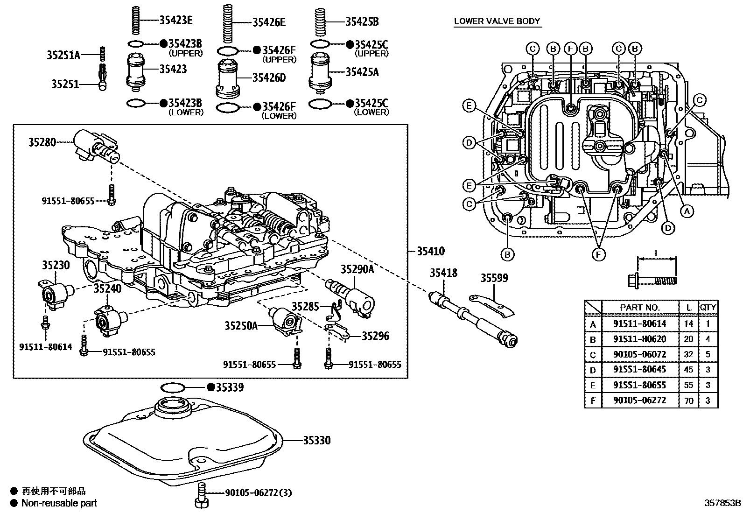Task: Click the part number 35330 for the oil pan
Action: tap(317, 440)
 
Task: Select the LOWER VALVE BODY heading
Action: tap(497, 21)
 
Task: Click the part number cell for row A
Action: tap(639, 323)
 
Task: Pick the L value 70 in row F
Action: tap(688, 401)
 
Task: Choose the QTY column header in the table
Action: tap(708, 307)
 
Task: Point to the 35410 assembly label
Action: tap(430, 251)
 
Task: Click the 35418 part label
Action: tap(443, 273)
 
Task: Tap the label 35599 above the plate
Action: tap(494, 278)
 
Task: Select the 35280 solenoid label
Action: tap(42, 142)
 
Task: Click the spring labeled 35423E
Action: tap(134, 20)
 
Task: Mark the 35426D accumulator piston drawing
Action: tap(228, 78)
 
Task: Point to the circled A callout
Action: tap(686, 211)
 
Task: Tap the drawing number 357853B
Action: tap(722, 503)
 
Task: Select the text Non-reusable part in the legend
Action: tap(59, 503)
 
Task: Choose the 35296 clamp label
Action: tap(375, 336)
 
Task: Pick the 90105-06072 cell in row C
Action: tap(639, 354)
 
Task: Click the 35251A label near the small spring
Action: tap(63, 55)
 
